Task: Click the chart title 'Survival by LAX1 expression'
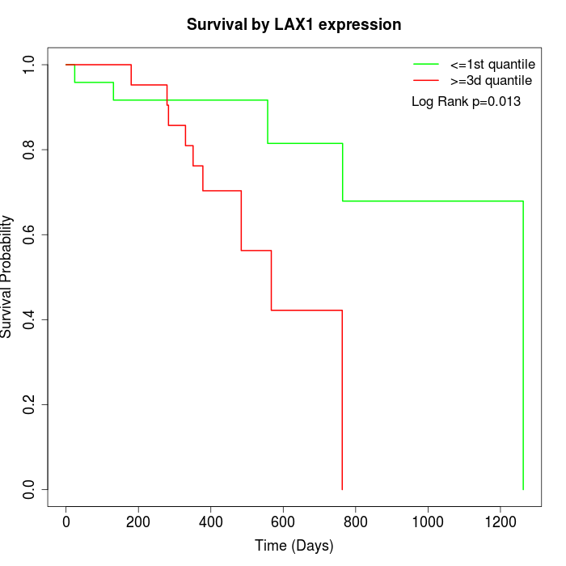click(294, 24)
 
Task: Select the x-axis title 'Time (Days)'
click(294, 546)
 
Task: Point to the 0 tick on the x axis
click(66, 522)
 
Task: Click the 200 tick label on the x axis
click(138, 522)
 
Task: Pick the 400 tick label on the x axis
click(211, 522)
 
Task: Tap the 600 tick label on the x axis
click(283, 522)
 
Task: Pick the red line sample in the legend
click(425, 81)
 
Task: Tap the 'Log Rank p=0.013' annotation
click(466, 102)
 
